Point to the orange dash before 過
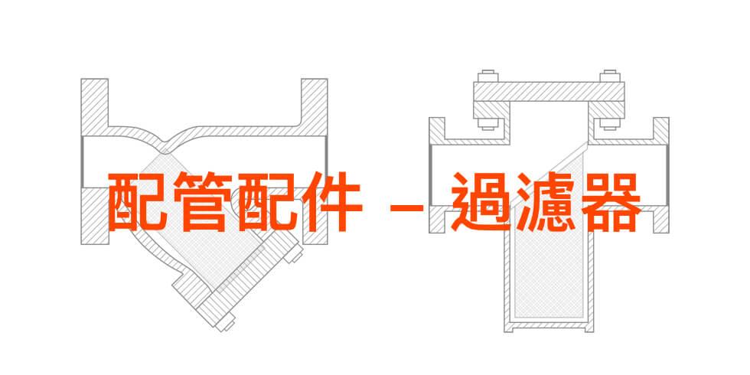(x=406, y=207)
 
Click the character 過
(x=481, y=201)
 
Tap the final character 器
(x=611, y=201)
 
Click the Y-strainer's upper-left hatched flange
(x=95, y=108)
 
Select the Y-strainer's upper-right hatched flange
(x=314, y=108)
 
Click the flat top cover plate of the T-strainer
(x=549, y=91)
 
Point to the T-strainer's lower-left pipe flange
(x=437, y=220)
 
